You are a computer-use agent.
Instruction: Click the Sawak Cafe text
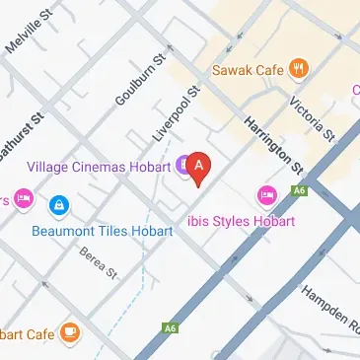pos(250,70)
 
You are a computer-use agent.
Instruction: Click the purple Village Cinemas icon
pos(182,166)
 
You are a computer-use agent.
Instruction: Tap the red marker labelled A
pos(199,168)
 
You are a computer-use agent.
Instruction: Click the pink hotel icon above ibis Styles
pos(264,194)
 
